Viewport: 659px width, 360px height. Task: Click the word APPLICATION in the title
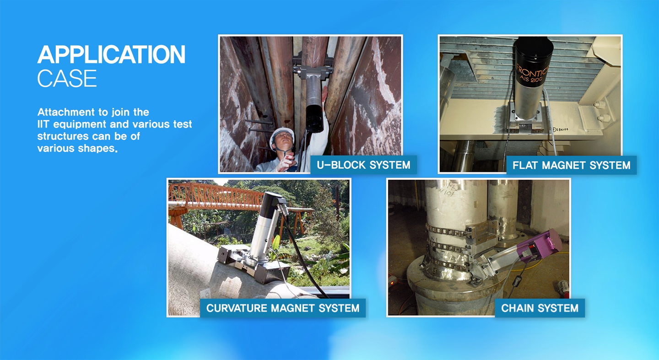click(111, 54)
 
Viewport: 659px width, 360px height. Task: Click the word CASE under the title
click(67, 78)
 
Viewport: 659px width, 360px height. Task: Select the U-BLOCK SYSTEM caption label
click(364, 165)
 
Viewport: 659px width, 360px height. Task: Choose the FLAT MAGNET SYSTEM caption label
click(571, 165)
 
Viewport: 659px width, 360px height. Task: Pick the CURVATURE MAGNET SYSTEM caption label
click(283, 308)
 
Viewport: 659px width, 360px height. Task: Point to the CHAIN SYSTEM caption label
click(540, 308)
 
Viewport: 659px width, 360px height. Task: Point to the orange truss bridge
click(224, 197)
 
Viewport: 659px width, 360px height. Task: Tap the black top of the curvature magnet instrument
click(270, 205)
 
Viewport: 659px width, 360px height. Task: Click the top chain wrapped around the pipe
click(447, 231)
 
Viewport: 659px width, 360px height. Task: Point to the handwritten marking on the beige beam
click(561, 129)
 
